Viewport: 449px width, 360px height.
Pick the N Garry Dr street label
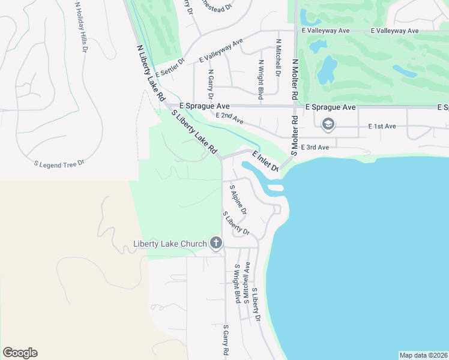(210, 84)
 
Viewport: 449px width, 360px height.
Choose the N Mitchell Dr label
(278, 58)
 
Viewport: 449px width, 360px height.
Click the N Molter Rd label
(294, 79)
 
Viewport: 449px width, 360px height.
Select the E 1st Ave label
(382, 127)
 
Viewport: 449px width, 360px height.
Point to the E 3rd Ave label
(315, 147)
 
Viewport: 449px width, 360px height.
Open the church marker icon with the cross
(216, 243)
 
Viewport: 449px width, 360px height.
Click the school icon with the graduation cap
(328, 125)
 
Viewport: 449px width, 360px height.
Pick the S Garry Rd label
(226, 341)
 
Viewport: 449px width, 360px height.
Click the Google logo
(20, 353)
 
